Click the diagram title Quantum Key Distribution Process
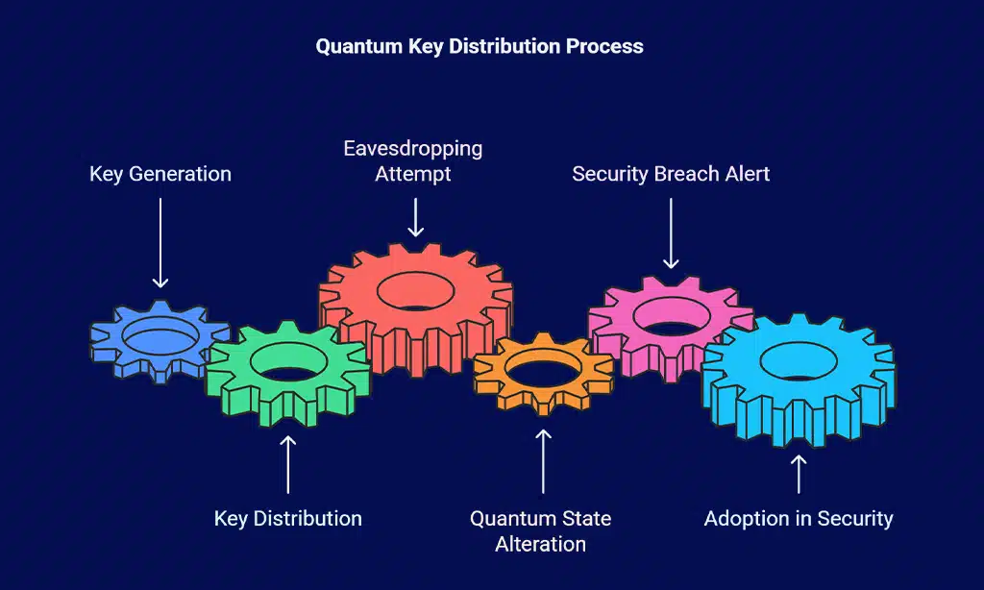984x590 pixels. [480, 45]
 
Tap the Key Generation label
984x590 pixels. [160, 174]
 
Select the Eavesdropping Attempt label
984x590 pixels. [413, 160]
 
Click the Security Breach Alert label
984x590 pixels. [671, 174]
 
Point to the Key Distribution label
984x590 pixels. [287, 518]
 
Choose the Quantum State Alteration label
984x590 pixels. [540, 530]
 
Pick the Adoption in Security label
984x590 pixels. [799, 518]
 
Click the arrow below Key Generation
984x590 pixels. [160, 240]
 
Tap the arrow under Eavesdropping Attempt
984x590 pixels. [415, 216]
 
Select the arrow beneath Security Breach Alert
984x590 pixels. [671, 232]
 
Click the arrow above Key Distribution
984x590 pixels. [287, 464]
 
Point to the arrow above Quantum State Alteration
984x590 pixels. [543, 461]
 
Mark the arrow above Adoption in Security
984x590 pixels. [799, 473]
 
